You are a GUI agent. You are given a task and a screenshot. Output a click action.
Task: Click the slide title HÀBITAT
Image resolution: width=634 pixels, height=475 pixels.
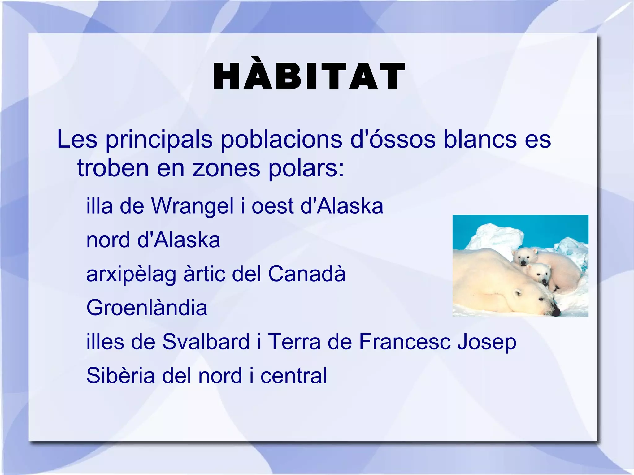tap(309, 76)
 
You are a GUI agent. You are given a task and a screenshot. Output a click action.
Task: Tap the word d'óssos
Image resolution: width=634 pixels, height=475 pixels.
tap(393, 139)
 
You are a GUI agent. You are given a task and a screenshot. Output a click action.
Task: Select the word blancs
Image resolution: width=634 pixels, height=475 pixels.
tap(480, 139)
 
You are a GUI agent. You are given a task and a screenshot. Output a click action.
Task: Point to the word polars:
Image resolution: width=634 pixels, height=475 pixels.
tap(306, 168)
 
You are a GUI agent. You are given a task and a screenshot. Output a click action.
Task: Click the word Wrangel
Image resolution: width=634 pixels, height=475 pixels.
tap(192, 206)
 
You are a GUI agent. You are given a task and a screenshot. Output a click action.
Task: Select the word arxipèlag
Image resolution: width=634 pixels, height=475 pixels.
tap(131, 274)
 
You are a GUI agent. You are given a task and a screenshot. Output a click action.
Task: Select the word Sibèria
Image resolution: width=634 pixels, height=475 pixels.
tap(120, 376)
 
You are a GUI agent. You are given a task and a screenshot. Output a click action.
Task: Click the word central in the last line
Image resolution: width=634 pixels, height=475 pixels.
tap(293, 376)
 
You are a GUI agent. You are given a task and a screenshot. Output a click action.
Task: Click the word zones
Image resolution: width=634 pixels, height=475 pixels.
tap(226, 168)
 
